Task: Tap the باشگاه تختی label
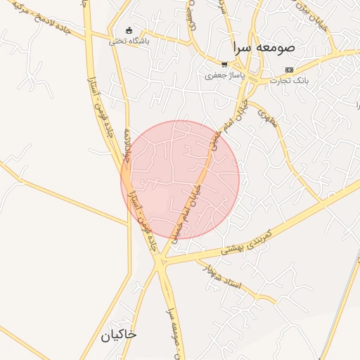tap(128, 41)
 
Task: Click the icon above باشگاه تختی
tap(128, 30)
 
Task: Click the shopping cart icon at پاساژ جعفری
tap(224, 63)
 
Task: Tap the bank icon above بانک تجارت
tap(290, 70)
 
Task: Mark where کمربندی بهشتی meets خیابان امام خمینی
tap(162, 262)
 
